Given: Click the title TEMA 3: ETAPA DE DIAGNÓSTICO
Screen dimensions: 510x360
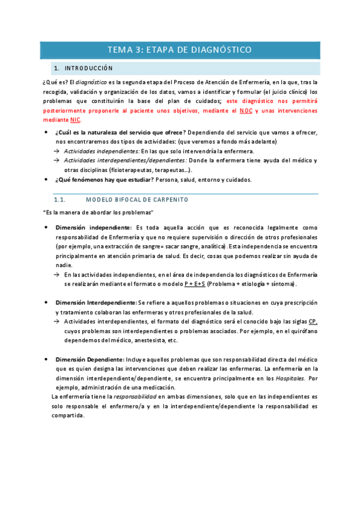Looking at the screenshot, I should coord(180,50).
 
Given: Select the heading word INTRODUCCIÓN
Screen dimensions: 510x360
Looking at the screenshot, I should coord(89,69).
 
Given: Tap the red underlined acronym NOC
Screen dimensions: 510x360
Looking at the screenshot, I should coord(246,111).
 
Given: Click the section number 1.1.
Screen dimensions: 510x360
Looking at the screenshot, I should coord(59,200).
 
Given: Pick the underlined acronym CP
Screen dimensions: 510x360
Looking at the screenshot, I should coord(313,322).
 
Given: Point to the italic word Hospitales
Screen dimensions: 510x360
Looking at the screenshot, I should coord(290,378).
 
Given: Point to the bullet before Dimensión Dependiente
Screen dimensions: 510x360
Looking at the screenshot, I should coord(46,359).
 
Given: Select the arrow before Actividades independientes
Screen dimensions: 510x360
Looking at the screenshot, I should coord(56,151).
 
